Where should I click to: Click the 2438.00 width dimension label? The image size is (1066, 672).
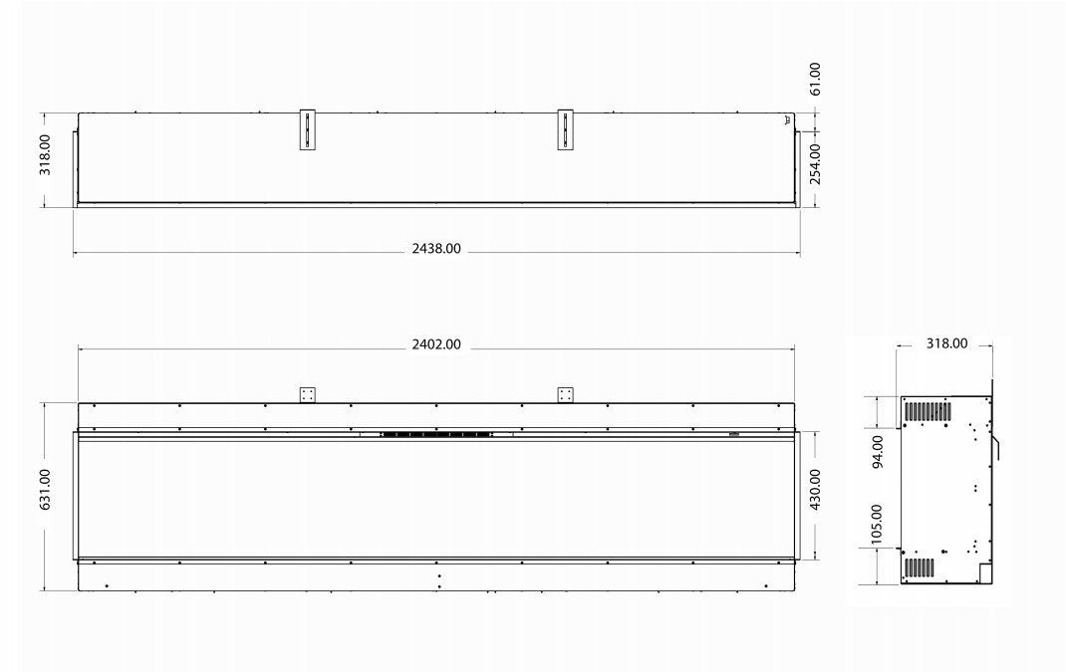[x=436, y=250]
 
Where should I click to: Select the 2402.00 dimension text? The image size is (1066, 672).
[x=436, y=344]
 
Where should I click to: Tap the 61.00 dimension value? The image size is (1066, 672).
[x=815, y=79]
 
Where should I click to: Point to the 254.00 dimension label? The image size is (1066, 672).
[x=815, y=164]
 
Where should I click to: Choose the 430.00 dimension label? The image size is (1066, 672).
[x=815, y=489]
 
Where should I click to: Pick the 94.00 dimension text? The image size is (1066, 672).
[x=877, y=452]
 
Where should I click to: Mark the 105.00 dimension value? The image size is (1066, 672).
[x=877, y=525]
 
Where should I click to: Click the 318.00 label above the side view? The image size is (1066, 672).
[x=946, y=343]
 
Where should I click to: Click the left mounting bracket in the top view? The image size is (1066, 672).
[x=308, y=128]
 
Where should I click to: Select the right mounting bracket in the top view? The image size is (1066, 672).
[x=566, y=128]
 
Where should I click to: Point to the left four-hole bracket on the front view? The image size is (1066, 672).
[x=308, y=394]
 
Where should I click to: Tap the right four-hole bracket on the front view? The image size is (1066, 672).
[x=566, y=394]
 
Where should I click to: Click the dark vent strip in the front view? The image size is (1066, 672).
[x=435, y=434]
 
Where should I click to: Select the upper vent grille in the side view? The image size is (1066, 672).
[x=927, y=410]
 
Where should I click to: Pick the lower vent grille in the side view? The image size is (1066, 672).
[x=920, y=567]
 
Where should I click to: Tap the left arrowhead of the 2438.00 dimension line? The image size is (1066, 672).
[x=76, y=253]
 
